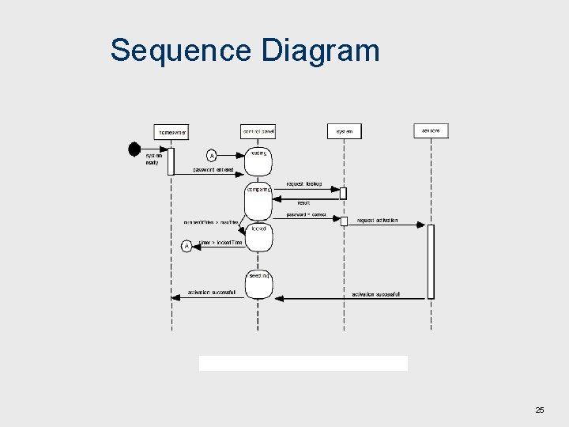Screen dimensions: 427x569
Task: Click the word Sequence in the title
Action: point(181,51)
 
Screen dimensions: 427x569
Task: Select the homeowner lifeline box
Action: point(171,131)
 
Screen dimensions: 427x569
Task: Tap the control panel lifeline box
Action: point(258,130)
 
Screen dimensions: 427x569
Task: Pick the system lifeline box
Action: point(345,131)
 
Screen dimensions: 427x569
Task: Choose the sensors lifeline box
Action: point(431,130)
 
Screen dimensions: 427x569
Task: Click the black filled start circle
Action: point(134,149)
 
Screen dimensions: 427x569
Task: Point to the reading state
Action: point(258,161)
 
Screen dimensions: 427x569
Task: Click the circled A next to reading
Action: point(211,156)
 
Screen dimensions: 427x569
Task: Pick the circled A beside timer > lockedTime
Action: point(187,246)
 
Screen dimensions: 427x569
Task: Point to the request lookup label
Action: point(303,184)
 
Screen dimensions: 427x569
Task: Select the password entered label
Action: point(213,170)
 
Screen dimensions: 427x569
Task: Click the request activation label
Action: point(377,221)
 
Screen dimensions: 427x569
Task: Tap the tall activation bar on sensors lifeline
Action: point(431,261)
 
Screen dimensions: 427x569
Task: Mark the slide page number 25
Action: point(540,410)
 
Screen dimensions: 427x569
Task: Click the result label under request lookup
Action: point(303,202)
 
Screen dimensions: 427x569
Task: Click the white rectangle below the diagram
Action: point(303,363)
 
